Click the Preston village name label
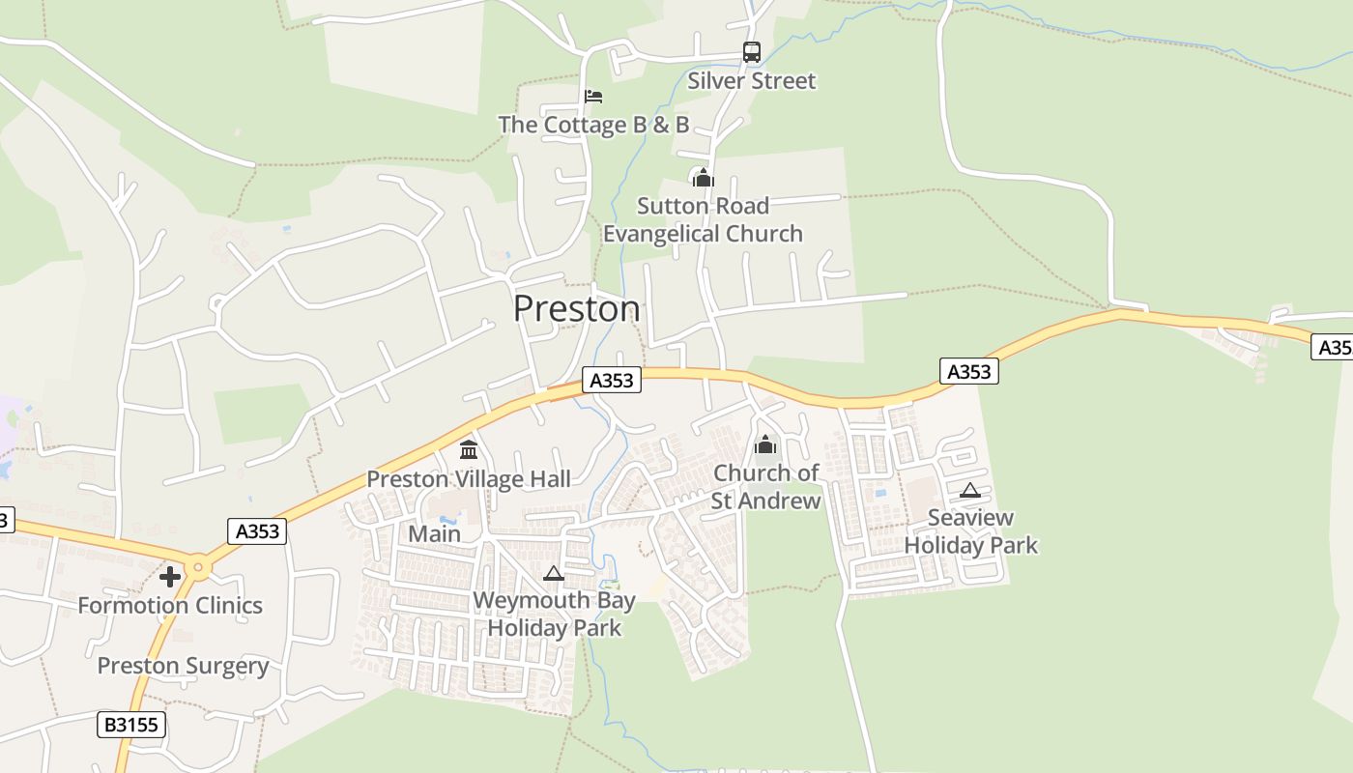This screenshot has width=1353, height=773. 576,308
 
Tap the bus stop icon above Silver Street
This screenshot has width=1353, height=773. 751,52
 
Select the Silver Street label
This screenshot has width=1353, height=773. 751,81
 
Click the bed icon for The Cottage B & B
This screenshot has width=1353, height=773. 593,97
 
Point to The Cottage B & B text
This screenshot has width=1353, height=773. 593,125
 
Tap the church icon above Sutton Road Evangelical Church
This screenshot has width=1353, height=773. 703,178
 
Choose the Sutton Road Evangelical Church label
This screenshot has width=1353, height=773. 703,220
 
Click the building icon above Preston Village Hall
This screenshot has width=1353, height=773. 469,449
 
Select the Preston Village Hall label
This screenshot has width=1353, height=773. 469,479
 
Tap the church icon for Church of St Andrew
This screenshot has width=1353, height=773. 765,444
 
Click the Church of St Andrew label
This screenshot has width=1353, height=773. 765,487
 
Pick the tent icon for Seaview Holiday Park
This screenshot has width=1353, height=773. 970,490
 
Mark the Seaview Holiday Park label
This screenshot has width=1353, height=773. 970,531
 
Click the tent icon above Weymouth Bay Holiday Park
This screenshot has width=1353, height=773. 553,573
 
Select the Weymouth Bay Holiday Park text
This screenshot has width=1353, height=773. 554,615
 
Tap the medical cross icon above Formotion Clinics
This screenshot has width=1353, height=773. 170,577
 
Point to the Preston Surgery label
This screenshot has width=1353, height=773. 183,667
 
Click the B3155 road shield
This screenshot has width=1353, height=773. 131,725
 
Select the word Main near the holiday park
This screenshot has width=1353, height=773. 434,534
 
